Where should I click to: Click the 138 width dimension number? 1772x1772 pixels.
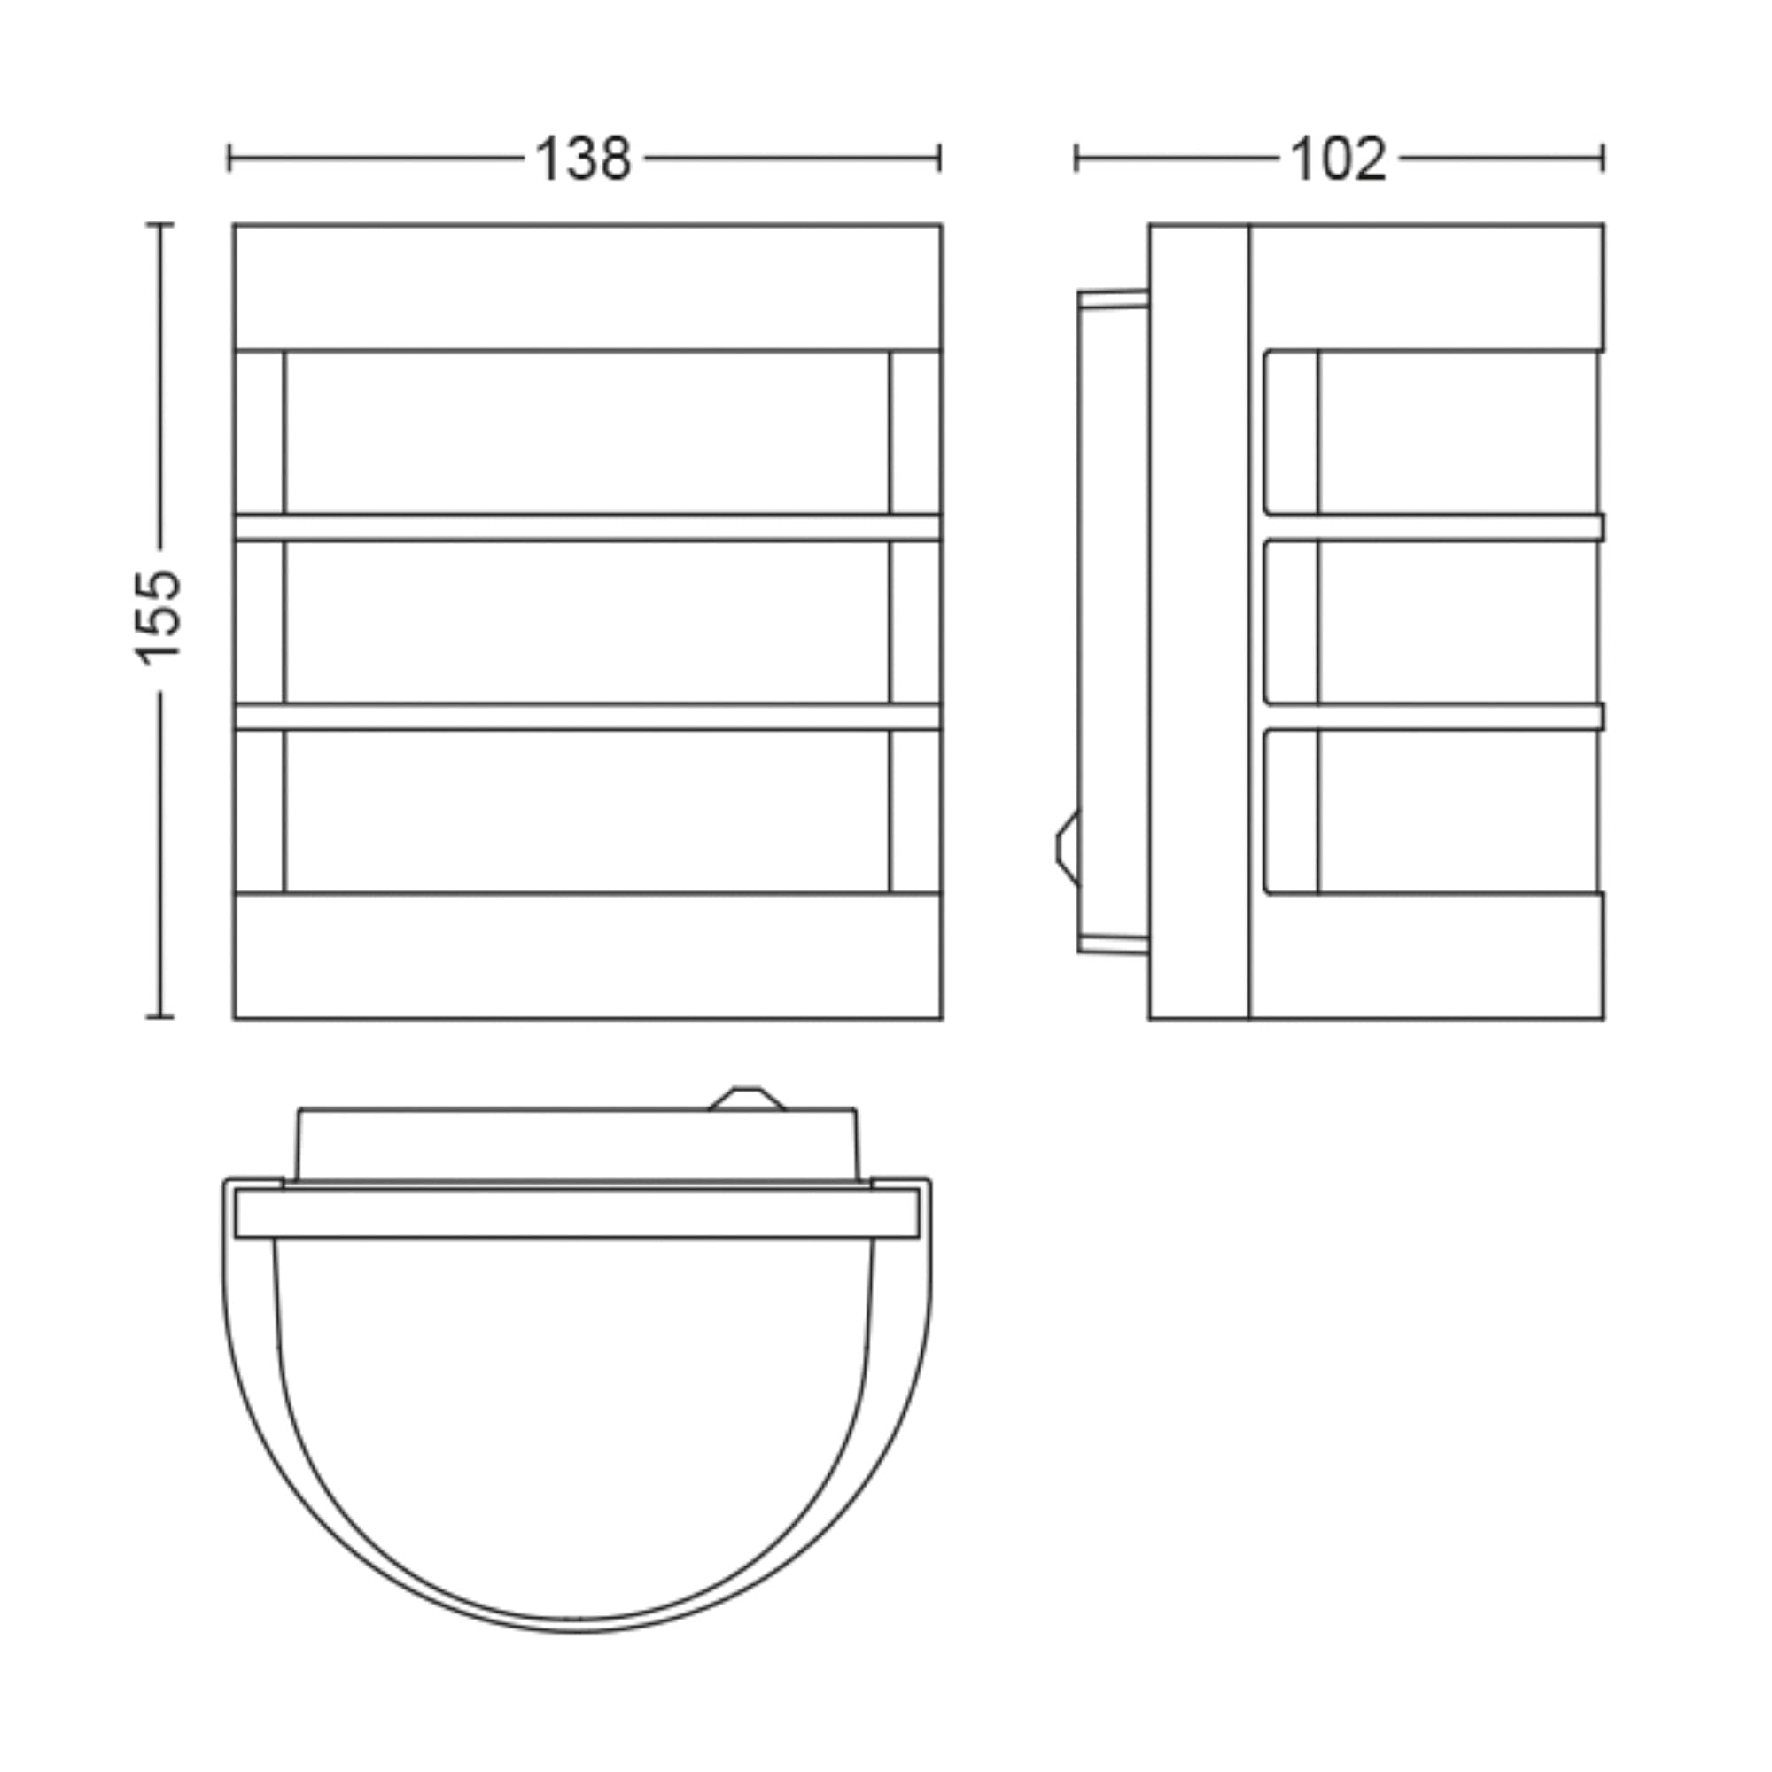(x=583, y=159)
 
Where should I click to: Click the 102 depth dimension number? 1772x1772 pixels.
(x=1338, y=159)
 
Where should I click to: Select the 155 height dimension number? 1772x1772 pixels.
(x=159, y=617)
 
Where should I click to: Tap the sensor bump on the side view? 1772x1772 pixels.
(x=1068, y=848)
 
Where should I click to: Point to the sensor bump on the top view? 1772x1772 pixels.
(x=747, y=1099)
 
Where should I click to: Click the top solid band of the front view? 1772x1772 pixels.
(x=588, y=287)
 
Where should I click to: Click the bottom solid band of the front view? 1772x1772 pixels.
(x=588, y=955)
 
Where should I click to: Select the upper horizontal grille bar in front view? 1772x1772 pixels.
(x=588, y=526)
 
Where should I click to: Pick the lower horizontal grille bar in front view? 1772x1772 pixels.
(x=588, y=716)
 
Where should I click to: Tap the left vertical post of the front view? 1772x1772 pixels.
(x=260, y=621)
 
